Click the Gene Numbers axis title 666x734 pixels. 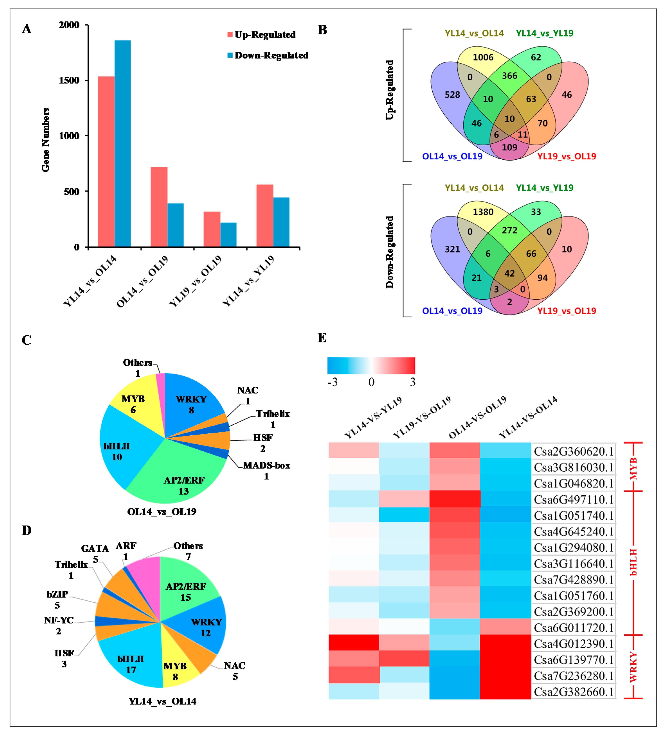point(46,140)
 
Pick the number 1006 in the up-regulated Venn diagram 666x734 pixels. point(483,57)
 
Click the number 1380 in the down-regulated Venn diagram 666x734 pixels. point(483,212)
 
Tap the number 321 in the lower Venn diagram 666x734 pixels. point(452,249)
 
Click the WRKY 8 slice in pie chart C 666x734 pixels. point(191,404)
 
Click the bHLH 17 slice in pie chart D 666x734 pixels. point(130,664)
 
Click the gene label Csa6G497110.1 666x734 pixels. point(573,500)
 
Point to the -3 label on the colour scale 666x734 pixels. point(332,382)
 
